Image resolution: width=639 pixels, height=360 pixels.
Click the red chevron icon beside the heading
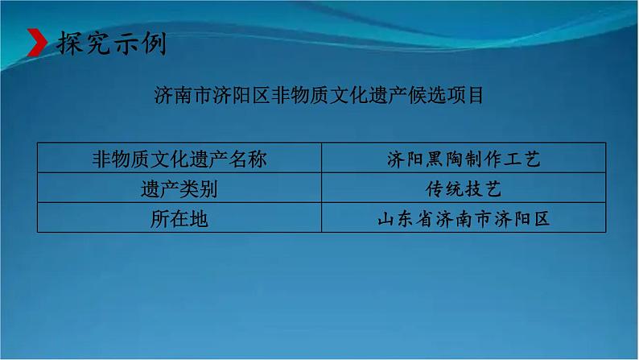click(35, 43)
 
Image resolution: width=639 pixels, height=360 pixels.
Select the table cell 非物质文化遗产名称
click(179, 159)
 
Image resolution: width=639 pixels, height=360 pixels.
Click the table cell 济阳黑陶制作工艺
click(463, 159)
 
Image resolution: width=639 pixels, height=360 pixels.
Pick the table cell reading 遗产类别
click(179, 188)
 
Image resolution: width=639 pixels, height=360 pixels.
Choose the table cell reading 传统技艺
click(463, 188)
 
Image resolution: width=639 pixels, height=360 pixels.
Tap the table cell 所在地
click(179, 218)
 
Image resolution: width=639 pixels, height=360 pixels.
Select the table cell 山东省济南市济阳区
click(463, 218)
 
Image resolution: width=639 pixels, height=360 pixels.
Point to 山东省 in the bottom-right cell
click(405, 218)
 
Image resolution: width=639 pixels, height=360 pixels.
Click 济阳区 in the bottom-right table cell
click(522, 218)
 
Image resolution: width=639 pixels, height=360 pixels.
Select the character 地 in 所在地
click(198, 218)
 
